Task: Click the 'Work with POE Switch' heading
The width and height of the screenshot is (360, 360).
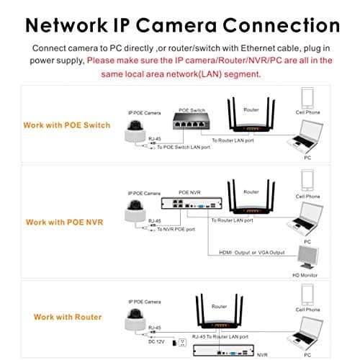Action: click(67, 125)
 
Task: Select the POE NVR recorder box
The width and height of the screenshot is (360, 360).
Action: click(192, 204)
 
